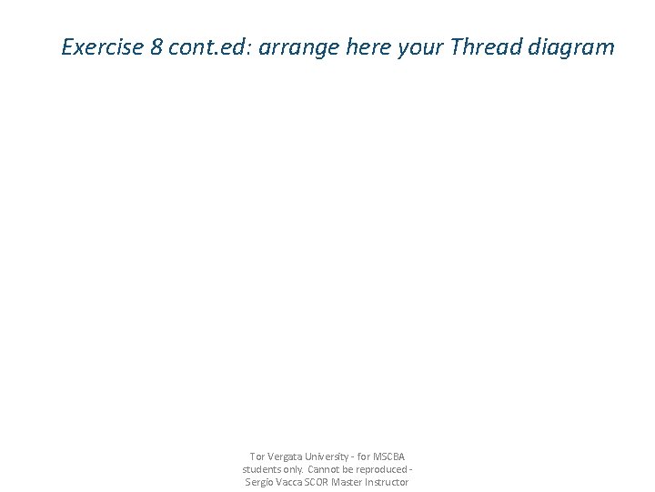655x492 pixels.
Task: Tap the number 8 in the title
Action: [x=156, y=46]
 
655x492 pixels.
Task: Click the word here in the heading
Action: [x=369, y=46]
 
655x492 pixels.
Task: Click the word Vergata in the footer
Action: [x=283, y=456]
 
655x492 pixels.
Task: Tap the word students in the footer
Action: [x=262, y=469]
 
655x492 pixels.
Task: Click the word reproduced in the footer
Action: [x=381, y=469]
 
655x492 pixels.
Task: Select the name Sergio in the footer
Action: [x=260, y=482]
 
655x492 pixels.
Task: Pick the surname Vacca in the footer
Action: [x=291, y=482]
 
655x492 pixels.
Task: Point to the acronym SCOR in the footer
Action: [x=318, y=482]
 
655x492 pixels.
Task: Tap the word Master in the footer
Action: [x=348, y=482]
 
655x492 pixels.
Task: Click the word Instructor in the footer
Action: [x=388, y=482]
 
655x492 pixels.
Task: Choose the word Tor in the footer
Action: [x=257, y=456]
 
